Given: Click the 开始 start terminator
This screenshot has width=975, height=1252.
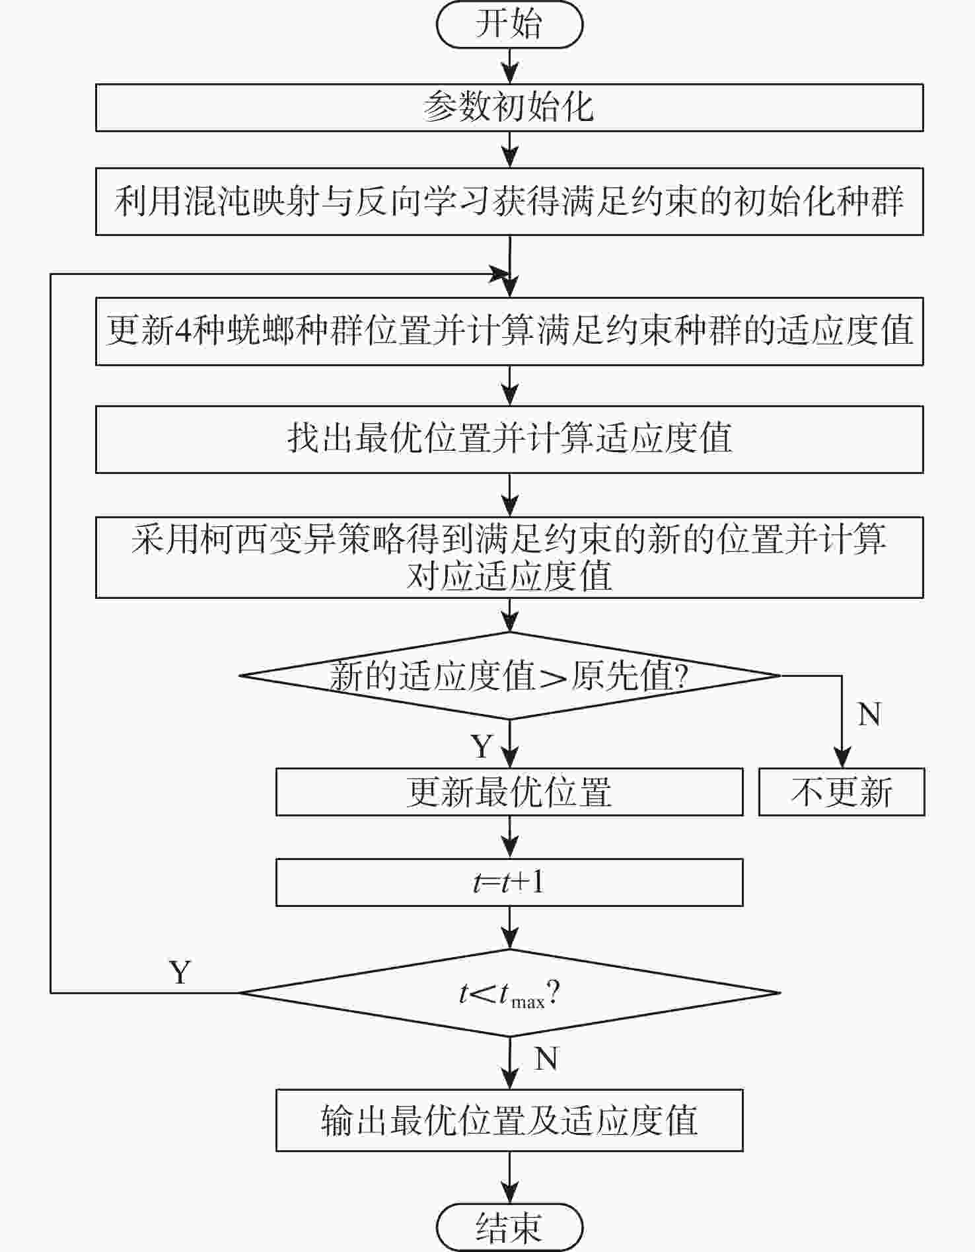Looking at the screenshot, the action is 509,24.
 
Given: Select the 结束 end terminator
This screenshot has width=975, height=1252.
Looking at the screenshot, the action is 509,1228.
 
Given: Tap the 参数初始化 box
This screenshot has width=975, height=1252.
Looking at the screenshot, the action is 509,107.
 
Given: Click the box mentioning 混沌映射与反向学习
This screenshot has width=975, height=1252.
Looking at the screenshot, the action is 509,201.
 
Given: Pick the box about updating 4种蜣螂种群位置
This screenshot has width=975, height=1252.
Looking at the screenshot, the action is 509,331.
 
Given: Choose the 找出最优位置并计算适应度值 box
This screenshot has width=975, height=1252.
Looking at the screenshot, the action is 509,439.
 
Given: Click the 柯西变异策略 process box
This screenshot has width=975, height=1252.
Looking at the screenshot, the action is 509,557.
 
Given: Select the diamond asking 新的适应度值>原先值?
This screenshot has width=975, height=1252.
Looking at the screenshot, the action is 509,676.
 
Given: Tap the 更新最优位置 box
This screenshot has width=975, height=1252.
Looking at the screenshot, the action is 509,791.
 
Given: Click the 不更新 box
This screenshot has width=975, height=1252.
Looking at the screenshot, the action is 842,791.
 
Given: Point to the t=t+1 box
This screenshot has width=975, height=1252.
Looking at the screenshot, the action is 509,882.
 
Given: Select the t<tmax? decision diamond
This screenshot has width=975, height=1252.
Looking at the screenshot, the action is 509,992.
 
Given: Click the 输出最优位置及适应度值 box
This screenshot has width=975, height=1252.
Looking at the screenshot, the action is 509,1120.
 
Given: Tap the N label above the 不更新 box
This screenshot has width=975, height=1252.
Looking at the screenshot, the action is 869,715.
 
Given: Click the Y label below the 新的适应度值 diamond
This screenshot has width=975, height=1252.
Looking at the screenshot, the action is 482,746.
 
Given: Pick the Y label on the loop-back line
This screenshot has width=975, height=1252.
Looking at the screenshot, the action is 180,972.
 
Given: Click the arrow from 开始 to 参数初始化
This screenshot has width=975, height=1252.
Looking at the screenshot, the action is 509,65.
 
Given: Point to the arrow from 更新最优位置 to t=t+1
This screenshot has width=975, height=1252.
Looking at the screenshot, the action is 509,837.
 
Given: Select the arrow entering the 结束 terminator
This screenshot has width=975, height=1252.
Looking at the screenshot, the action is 509,1177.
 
